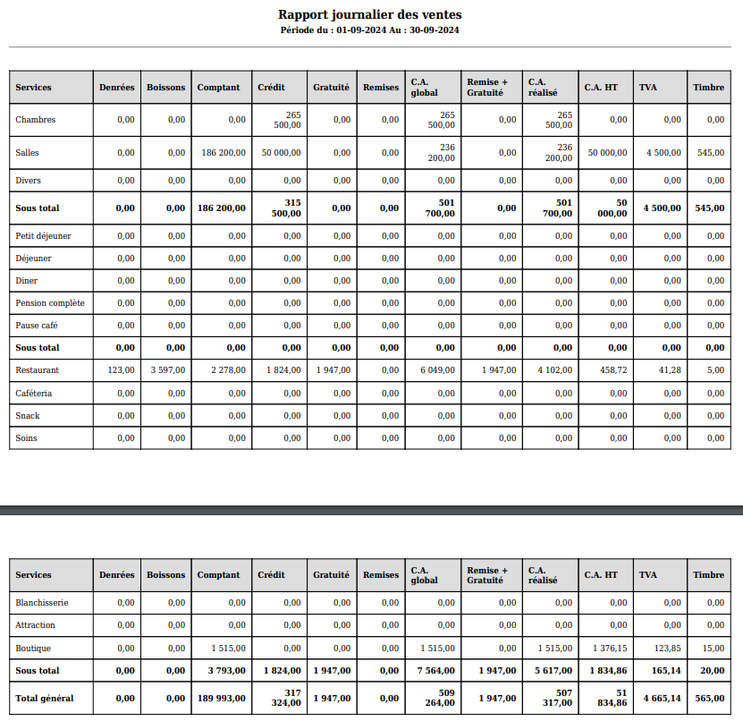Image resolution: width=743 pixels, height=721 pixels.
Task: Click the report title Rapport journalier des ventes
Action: (370, 14)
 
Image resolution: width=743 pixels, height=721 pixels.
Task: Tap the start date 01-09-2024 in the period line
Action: (360, 30)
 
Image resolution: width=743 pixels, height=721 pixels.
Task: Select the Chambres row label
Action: (36, 120)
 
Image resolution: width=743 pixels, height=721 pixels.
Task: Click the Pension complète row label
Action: (50, 303)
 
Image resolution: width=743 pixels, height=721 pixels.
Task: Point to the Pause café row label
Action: (37, 326)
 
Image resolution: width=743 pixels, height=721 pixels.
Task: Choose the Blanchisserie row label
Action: (42, 603)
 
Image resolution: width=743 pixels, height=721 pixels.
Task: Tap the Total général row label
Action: (45, 698)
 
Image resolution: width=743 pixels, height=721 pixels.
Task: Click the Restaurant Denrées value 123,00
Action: (121, 370)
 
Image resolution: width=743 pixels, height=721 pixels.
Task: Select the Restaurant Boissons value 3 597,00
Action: (168, 370)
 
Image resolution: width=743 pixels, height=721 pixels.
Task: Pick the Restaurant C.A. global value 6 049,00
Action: (438, 370)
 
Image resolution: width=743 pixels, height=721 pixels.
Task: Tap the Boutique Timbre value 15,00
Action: (713, 649)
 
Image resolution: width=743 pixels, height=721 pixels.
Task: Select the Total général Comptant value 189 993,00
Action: (220, 698)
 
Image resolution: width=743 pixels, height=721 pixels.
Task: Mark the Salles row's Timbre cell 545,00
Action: (711, 153)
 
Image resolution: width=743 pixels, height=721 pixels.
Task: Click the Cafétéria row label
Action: (34, 394)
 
